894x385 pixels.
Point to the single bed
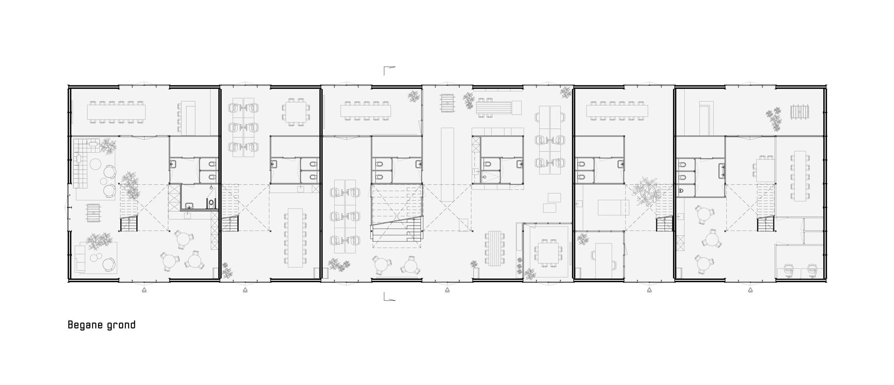point(613,207)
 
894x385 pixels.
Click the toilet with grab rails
point(211,203)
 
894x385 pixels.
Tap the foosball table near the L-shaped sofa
point(94,211)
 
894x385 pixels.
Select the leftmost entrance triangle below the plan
point(144,290)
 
